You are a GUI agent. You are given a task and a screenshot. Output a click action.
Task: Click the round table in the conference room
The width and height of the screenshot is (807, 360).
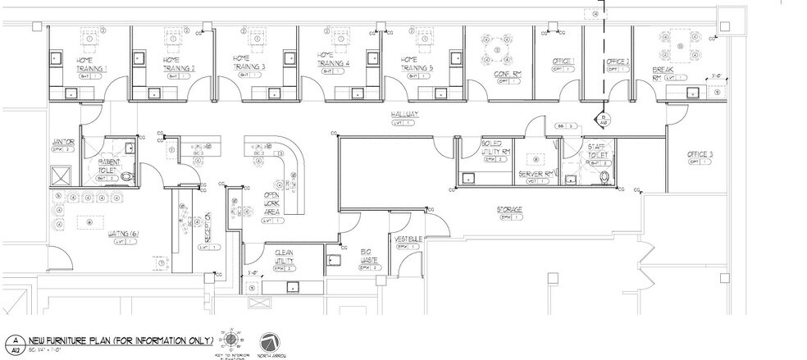point(495,47)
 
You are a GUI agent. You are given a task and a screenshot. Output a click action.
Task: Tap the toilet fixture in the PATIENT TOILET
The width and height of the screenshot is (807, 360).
point(125,175)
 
